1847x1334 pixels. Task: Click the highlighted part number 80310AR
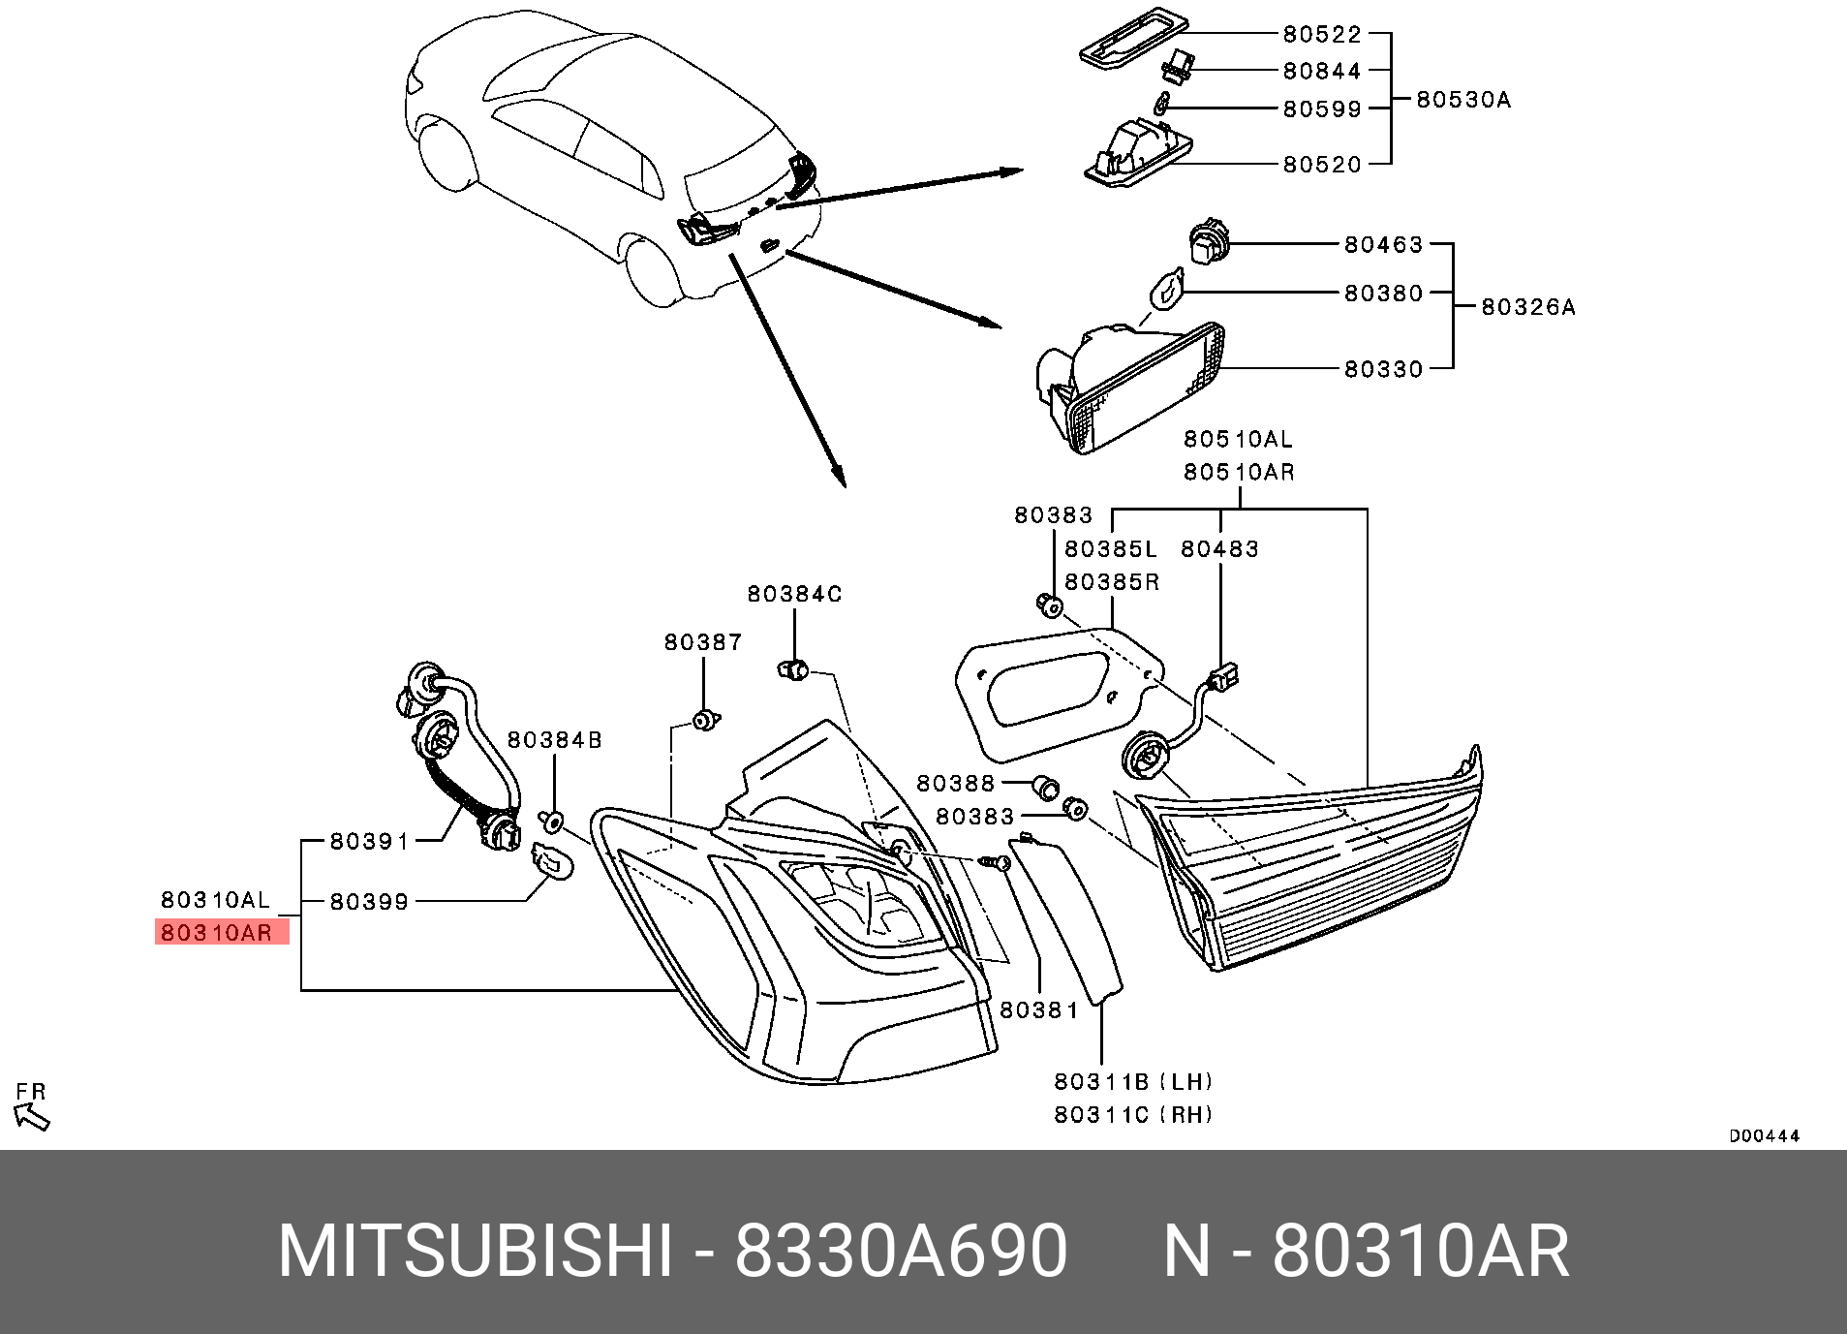[x=217, y=933]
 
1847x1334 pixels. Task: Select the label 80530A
[x=1462, y=100]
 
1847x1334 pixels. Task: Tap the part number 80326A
[x=1527, y=307]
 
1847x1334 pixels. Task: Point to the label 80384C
[x=794, y=594]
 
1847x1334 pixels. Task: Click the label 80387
[x=703, y=642]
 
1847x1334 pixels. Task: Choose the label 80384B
[x=554, y=740]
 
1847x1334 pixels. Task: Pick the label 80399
[x=369, y=902]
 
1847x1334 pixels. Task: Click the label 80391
[x=369, y=842]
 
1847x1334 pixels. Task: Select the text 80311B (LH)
[x=1133, y=1081]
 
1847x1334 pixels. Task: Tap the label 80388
[x=955, y=783]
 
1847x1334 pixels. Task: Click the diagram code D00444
[x=1764, y=1135]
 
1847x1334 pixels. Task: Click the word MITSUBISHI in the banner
[x=475, y=1251]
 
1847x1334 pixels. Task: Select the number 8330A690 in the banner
[x=901, y=1251]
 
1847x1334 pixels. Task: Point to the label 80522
[x=1321, y=35]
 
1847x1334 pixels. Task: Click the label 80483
[x=1219, y=549]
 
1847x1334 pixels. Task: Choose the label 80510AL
[x=1237, y=439]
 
